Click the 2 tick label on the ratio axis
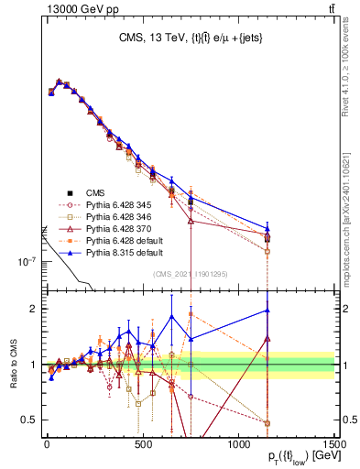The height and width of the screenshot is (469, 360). pos(31,309)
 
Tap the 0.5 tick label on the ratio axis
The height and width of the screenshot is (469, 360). pos(27,420)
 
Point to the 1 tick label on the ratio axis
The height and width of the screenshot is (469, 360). pos(31,365)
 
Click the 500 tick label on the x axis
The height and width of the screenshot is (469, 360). pos(141,443)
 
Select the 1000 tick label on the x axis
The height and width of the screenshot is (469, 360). pos(238,443)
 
